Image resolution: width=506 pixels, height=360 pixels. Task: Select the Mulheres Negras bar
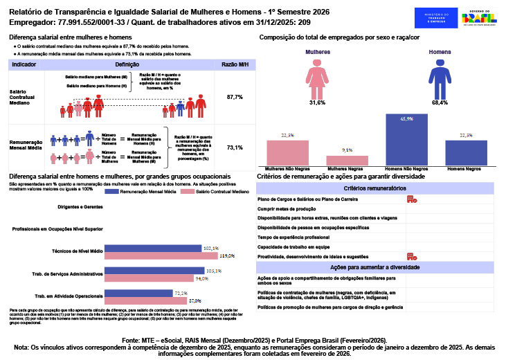coord(347,160)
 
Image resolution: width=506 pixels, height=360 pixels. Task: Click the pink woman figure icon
coord(318,78)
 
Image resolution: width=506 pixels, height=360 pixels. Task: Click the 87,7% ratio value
coord(235,97)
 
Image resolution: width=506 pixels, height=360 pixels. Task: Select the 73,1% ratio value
coord(235,147)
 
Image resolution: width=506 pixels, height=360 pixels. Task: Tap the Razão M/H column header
coord(234,64)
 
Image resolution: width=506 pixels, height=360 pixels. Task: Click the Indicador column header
coord(25,64)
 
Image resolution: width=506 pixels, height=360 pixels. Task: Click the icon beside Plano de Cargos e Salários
coord(411,199)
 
